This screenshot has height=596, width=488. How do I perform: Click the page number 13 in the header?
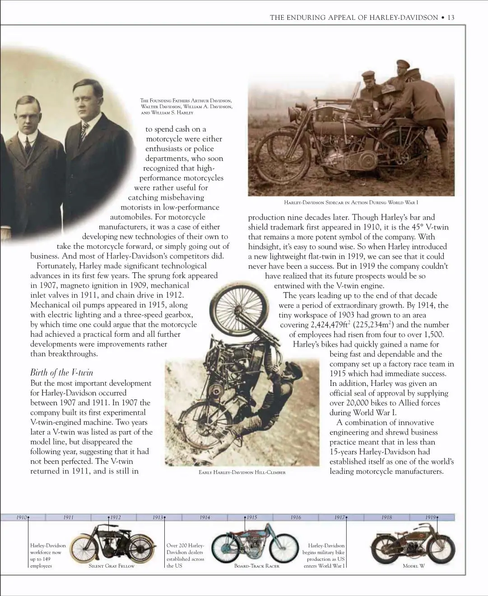[x=451, y=18]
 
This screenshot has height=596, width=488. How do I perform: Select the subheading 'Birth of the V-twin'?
[x=62, y=372]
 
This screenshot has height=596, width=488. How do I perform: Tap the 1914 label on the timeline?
[x=205, y=518]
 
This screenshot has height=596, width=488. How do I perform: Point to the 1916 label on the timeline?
[x=296, y=518]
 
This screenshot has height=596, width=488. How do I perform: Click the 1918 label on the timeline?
[x=386, y=518]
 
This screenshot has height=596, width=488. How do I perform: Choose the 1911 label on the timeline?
[x=69, y=518]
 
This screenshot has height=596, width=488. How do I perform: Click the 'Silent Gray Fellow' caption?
[x=112, y=566]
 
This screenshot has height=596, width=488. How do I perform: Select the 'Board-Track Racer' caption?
[x=256, y=566]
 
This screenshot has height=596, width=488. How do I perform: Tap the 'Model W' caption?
[x=414, y=566]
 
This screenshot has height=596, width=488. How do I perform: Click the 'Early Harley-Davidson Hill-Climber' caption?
[x=242, y=472]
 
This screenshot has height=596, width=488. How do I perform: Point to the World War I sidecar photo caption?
[x=351, y=202]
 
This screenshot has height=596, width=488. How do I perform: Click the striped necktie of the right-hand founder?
[x=84, y=131]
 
